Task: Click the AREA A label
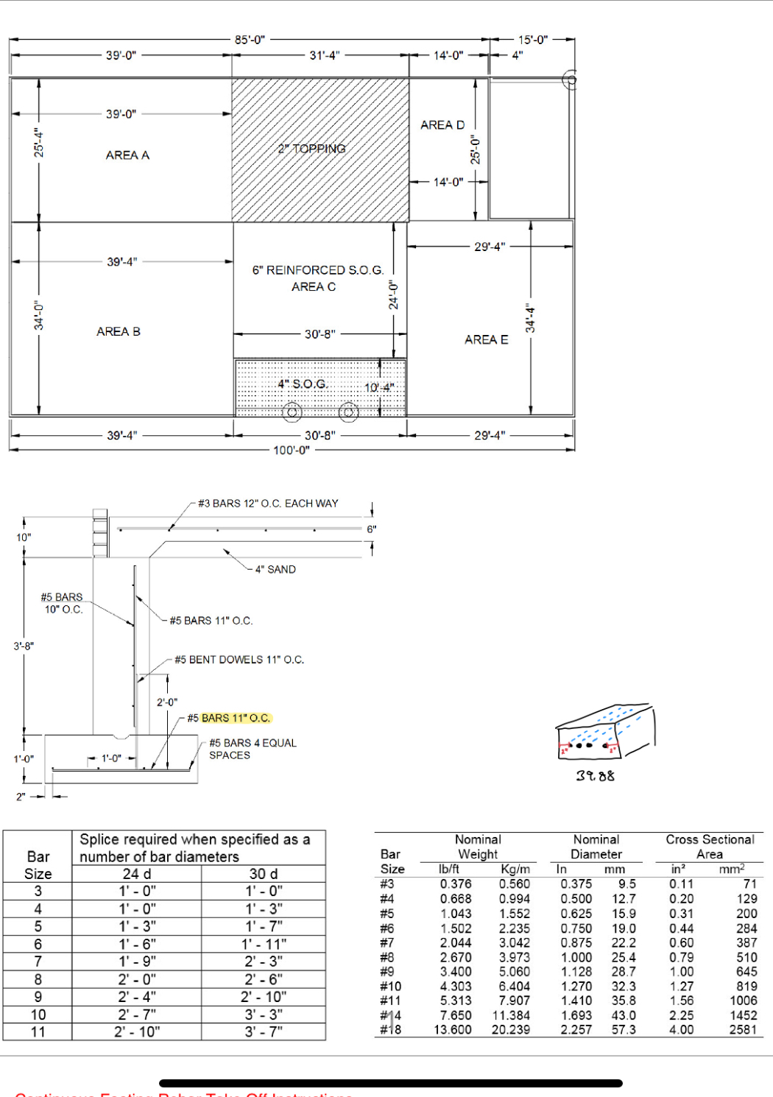pos(127,155)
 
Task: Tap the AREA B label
pos(119,332)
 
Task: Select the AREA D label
pos(442,125)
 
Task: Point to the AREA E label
pos(486,339)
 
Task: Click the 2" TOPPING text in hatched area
pos(312,149)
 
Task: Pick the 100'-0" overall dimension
pos(292,450)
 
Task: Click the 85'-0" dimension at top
pos(250,40)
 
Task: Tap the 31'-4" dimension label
pos(325,55)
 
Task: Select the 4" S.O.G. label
pos(302,384)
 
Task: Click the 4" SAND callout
pos(275,570)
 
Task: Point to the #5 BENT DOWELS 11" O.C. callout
pos(239,660)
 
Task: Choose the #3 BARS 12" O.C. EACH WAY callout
pos(268,504)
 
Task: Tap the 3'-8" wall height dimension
pos(24,646)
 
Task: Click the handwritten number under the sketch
pos(595,776)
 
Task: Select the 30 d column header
pos(263,874)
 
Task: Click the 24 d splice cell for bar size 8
pos(136,979)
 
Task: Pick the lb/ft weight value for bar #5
pos(456,914)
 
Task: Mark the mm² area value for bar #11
pos(743,1001)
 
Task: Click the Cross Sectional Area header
pos(710,847)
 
